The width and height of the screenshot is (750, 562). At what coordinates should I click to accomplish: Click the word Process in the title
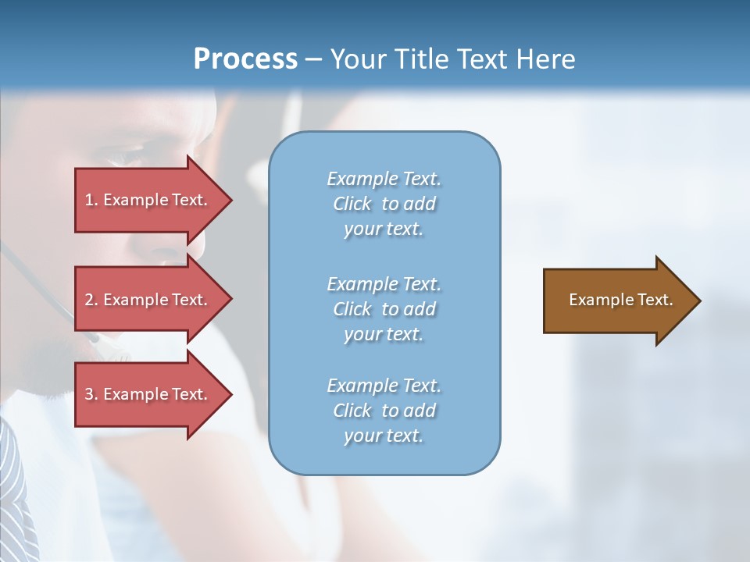pos(245,59)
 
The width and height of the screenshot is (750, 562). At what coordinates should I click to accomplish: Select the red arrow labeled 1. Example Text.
pos(148,200)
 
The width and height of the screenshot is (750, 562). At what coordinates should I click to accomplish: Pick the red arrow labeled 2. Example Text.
pos(148,300)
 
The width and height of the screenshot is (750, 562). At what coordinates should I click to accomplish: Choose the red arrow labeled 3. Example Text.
pos(148,394)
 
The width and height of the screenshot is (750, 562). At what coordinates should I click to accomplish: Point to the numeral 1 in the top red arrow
pos(89,200)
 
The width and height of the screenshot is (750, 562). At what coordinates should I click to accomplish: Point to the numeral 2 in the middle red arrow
pos(89,300)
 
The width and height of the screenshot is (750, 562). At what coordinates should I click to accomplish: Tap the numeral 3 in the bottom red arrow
pos(89,394)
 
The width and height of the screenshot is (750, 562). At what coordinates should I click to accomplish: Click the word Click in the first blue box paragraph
pos(352,205)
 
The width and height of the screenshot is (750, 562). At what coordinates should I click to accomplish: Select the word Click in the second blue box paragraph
pos(352,309)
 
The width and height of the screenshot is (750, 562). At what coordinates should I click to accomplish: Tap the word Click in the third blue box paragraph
pos(352,411)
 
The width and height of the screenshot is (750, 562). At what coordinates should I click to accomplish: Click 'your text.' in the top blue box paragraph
pos(384,229)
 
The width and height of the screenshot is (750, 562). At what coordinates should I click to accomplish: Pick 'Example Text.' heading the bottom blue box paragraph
pos(384,386)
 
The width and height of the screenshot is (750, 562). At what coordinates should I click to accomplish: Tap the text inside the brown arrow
pos(620,300)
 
